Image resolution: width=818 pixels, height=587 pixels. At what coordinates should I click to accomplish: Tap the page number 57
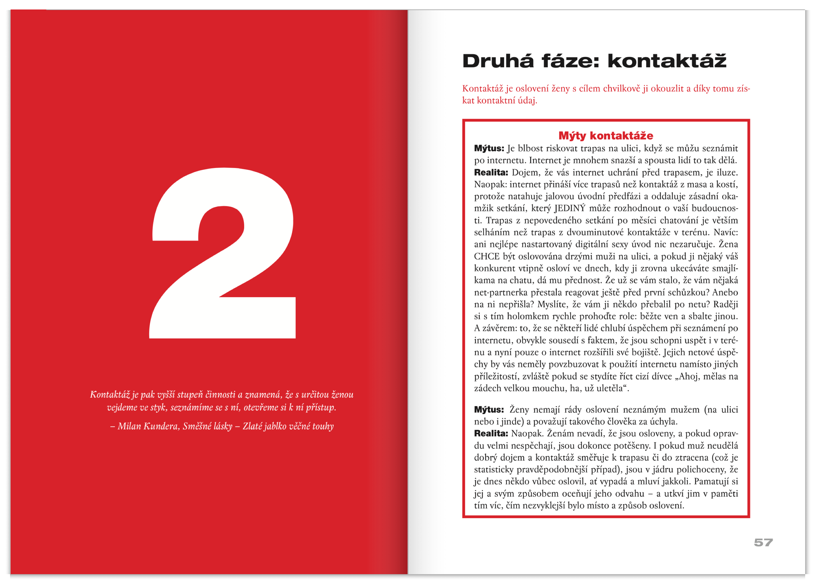tap(763, 542)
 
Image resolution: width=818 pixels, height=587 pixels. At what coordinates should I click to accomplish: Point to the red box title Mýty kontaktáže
tap(606, 136)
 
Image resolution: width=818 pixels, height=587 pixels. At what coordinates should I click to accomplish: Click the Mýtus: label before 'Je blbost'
tap(489, 148)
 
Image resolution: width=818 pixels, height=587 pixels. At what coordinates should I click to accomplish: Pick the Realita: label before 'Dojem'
tap(490, 172)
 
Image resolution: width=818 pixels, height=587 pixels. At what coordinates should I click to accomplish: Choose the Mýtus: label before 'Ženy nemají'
tap(489, 410)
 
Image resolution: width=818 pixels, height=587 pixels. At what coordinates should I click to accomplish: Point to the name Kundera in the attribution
tap(161, 426)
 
